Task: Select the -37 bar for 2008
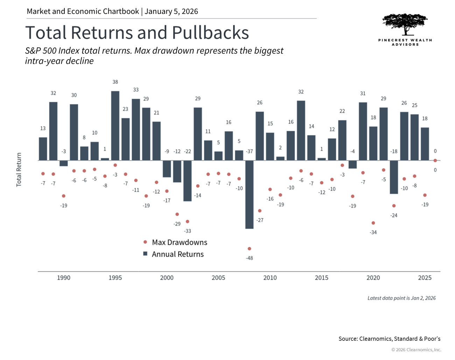pos(249,194)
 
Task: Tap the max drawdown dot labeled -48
pos(249,249)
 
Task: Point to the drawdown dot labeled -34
pos(373,223)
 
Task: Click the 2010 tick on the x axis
pos(270,278)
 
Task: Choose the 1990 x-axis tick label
pos(63,278)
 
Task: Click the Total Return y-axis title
pos(19,169)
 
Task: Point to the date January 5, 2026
pos(171,11)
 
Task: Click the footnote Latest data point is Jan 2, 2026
pos(401,298)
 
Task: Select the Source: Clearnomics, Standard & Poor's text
pos(389,339)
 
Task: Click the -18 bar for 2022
pos(394,177)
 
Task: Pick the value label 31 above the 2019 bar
pos(363,94)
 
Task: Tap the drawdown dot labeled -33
pos(188,222)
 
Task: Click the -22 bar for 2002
pos(188,181)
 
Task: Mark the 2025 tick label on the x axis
pos(425,278)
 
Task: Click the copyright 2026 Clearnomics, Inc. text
pos(416,349)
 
